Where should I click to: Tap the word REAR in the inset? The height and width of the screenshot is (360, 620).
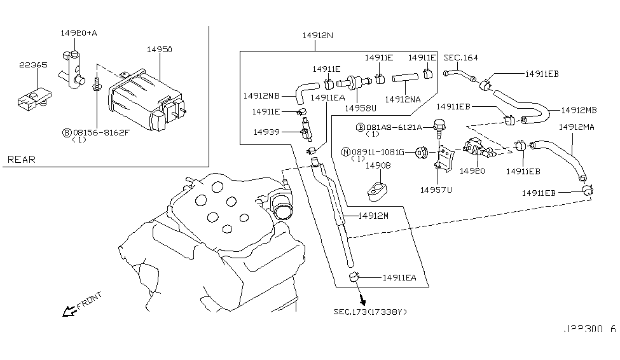[22, 159]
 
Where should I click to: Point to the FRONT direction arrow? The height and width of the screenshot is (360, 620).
[66, 310]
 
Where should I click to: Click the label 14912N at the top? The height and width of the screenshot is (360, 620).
[317, 36]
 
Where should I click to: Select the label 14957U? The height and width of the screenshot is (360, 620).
[436, 189]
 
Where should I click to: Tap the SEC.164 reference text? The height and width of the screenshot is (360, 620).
[460, 58]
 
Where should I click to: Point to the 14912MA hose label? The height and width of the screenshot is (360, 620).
[576, 127]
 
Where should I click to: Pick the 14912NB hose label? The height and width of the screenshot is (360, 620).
[261, 96]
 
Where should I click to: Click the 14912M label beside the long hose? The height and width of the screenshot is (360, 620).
[373, 216]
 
